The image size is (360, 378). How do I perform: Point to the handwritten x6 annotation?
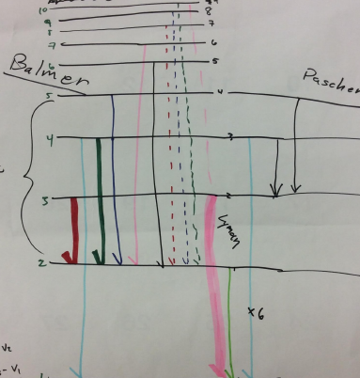pyautogui.click(x=255, y=313)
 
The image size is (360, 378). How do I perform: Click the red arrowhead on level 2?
pyautogui.click(x=66, y=256)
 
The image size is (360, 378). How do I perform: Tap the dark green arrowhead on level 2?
pyautogui.click(x=98, y=256)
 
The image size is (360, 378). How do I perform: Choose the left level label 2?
pyautogui.click(x=42, y=261)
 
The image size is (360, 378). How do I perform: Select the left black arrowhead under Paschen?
pyautogui.click(x=275, y=190)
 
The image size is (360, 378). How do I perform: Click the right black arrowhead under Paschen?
pyautogui.click(x=295, y=188)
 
